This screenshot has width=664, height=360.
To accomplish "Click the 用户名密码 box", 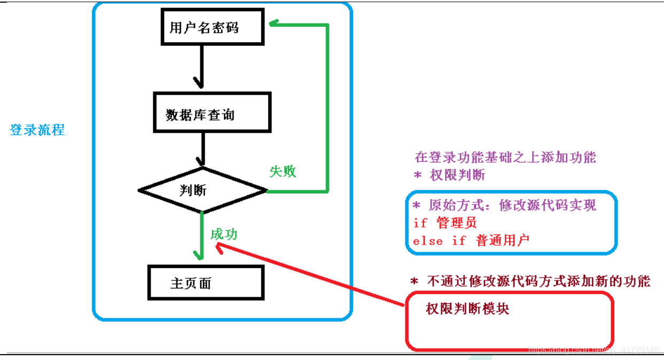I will click(x=212, y=27).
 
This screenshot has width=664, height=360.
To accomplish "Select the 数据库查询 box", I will click(x=212, y=113).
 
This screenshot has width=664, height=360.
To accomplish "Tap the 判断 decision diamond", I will click(x=202, y=190).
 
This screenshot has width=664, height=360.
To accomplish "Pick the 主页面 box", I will click(x=205, y=283).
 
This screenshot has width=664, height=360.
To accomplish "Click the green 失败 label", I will click(x=283, y=171).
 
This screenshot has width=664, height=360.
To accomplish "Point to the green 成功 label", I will click(x=224, y=234).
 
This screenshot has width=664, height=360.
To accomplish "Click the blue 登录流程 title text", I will click(x=37, y=130).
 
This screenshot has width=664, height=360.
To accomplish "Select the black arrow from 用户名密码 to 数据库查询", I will click(x=201, y=67).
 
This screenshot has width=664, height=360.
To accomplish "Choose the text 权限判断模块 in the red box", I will click(x=467, y=309).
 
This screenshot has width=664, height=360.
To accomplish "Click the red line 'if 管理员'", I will click(x=444, y=222).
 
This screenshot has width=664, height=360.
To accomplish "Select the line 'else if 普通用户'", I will click(x=471, y=240).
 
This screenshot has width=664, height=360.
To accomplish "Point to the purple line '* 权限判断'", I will click(x=450, y=175).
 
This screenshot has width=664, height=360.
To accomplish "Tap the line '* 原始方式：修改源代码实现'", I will click(x=504, y=205).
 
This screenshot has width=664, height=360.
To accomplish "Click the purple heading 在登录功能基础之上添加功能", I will click(x=505, y=158).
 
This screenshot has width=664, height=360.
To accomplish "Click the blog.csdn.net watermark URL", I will click(x=592, y=350).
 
